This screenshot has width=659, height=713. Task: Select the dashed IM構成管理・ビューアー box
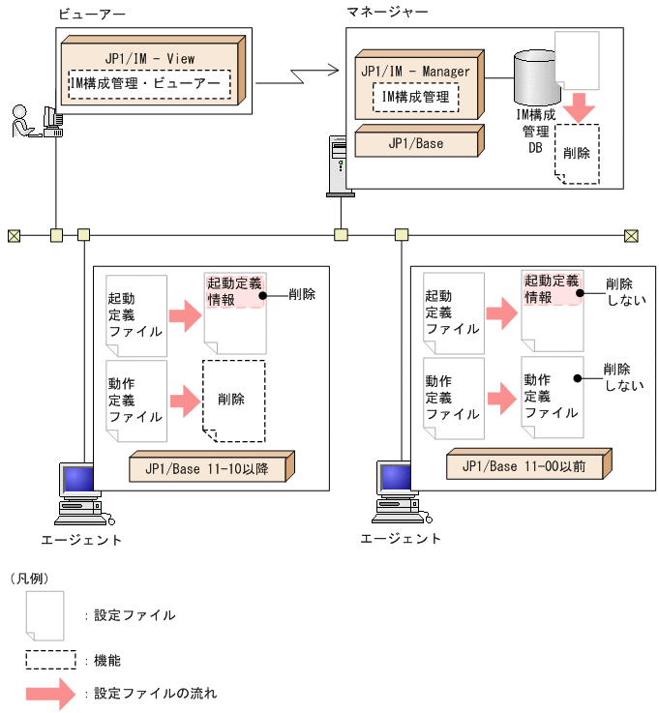pyautogui.click(x=150, y=84)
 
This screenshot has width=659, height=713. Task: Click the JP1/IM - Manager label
pyautogui.click(x=415, y=72)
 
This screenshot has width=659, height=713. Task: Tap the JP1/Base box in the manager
pyautogui.click(x=415, y=143)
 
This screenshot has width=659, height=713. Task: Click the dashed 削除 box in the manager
pyautogui.click(x=577, y=153)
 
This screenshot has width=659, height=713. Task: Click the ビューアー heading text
pyautogui.click(x=91, y=14)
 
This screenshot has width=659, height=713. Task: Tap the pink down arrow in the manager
pyautogui.click(x=578, y=106)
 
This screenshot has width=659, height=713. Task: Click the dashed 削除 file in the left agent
pyautogui.click(x=232, y=400)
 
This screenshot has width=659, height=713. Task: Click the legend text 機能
pyautogui.click(x=107, y=661)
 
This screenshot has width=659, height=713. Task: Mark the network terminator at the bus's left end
pyautogui.click(x=14, y=234)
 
